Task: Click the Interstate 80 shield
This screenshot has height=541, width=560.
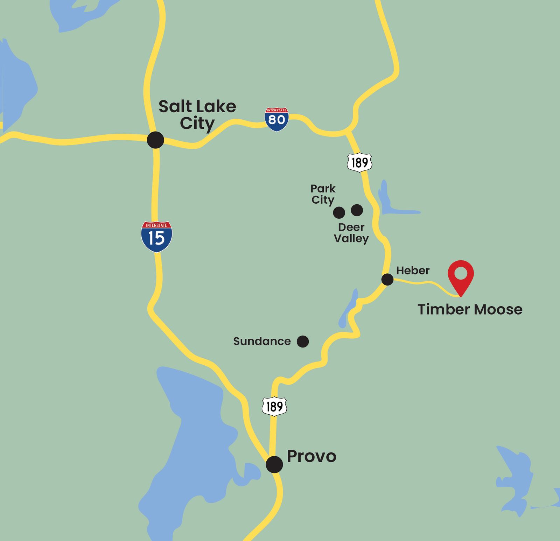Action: (x=276, y=119)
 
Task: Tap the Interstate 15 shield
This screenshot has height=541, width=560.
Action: (x=156, y=237)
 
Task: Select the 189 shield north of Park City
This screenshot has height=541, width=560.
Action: (x=359, y=162)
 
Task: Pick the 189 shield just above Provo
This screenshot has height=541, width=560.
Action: (x=274, y=406)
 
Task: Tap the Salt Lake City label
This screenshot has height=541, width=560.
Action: (x=197, y=115)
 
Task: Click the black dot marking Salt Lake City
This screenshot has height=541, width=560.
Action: (x=155, y=140)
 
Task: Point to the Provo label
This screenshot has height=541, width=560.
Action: (x=311, y=456)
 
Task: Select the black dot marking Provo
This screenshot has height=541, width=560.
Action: (x=274, y=464)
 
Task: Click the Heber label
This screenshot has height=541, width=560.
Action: (x=413, y=270)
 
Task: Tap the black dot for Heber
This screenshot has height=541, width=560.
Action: (x=387, y=280)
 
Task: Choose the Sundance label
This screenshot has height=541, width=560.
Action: (x=262, y=341)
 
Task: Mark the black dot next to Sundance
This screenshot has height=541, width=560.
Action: (x=303, y=341)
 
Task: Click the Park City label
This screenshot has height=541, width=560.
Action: (x=323, y=194)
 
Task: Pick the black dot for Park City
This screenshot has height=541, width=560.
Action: (x=339, y=212)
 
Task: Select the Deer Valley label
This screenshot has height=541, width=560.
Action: (x=351, y=233)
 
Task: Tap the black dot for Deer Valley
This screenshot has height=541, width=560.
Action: (x=357, y=210)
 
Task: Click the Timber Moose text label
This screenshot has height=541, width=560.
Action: (x=470, y=309)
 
